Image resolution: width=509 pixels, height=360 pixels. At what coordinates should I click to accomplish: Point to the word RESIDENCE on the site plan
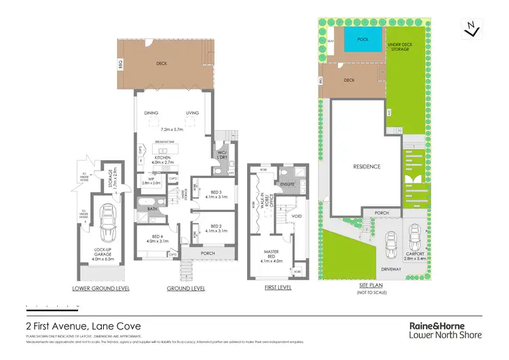366,166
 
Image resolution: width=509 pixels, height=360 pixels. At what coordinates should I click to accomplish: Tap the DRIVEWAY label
391,269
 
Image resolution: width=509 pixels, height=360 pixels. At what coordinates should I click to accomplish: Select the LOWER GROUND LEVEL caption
100,289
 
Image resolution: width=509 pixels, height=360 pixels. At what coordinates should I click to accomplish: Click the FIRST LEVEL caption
277,289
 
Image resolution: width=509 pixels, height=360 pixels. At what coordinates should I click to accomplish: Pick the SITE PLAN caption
372,286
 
